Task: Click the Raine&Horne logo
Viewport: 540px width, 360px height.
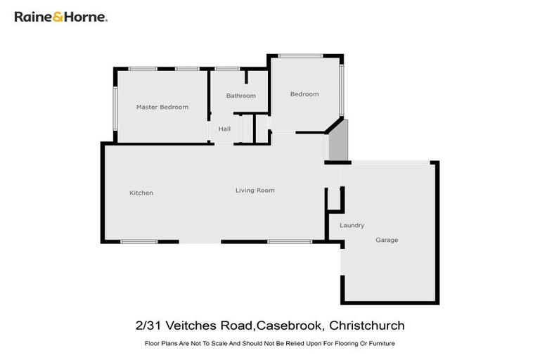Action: click(61, 16)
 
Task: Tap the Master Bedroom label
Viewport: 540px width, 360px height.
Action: click(162, 107)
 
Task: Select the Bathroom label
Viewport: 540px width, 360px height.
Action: click(240, 96)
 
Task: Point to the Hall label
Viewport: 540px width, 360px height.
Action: click(224, 129)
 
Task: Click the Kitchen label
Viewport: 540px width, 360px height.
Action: click(141, 193)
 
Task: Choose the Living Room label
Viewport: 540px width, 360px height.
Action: click(255, 191)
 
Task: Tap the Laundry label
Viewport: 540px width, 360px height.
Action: click(352, 226)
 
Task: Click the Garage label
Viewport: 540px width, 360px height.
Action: click(387, 240)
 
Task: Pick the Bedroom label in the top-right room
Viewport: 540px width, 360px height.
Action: click(304, 94)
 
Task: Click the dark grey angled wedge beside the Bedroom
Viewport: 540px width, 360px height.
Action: click(338, 141)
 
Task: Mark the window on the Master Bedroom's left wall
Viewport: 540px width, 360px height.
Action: click(116, 108)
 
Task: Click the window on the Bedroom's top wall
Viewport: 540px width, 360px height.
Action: click(300, 56)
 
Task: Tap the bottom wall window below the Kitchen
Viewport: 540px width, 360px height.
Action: click(139, 241)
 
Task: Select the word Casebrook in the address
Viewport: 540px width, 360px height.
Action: click(290, 326)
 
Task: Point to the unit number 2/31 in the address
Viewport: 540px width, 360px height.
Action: click(148, 326)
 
